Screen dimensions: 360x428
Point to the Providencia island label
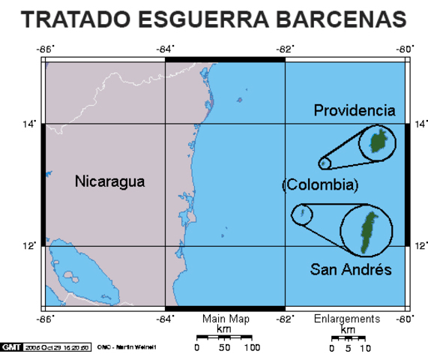pos(354,111)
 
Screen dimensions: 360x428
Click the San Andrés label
pos(351,270)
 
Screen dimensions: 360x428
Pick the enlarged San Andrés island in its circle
pos(368,232)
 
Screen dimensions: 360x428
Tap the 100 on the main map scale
pos(251,348)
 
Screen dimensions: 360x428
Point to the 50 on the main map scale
pos(223,348)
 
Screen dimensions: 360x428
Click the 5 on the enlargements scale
pos(348,348)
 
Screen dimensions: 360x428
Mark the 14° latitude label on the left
pos(28,124)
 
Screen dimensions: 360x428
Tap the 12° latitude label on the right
pos(421,245)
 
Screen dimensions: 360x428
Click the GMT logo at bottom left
pos(12,347)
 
